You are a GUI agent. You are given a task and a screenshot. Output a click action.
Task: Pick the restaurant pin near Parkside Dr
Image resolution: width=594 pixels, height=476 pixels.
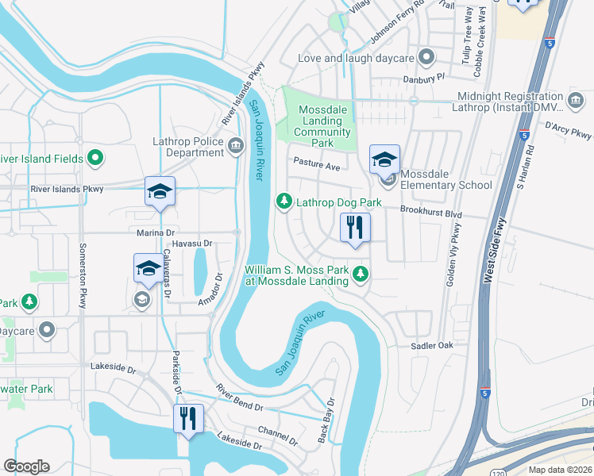pyautogui.click(x=188, y=420)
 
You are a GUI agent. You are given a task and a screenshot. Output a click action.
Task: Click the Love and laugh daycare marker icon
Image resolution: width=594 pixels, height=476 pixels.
pyautogui.click(x=427, y=58)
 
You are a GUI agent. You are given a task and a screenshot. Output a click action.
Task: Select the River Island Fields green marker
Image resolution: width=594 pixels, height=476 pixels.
pyautogui.click(x=95, y=159)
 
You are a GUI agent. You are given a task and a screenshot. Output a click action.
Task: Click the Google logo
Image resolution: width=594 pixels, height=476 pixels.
pyautogui.click(x=26, y=466)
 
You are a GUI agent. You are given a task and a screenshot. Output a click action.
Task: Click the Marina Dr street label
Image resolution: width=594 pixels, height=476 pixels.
pyautogui.click(x=156, y=232)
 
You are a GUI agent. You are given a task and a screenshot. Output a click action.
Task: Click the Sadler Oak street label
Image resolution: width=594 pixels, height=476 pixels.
pyautogui.click(x=431, y=345)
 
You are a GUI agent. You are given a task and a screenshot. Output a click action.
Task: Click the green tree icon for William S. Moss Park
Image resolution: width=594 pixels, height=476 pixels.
pyautogui.click(x=361, y=274)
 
